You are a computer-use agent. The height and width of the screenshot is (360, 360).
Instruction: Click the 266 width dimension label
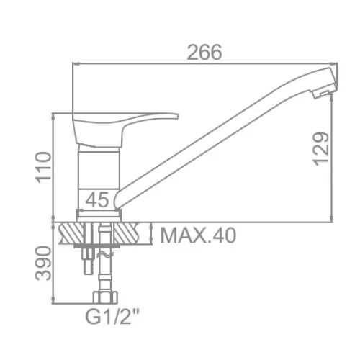204,53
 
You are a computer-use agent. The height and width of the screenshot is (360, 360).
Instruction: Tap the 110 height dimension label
43,168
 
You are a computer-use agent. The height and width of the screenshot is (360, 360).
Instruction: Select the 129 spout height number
321,149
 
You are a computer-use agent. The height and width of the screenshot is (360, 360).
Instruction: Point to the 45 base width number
97,200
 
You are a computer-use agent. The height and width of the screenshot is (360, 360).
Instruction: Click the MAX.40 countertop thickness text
198,235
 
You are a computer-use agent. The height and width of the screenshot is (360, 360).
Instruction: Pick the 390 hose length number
43,264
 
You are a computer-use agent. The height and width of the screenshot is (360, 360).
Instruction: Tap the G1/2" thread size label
112,317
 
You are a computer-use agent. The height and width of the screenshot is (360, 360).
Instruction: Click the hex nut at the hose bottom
106,297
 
